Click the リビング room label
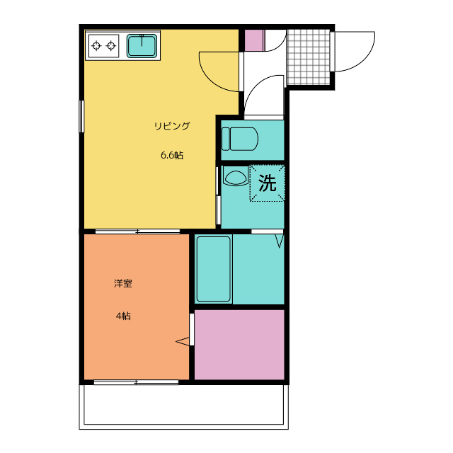pos(172,126)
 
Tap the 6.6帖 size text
pos(172,156)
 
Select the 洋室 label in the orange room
pos(123,283)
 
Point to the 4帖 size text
pos(123,316)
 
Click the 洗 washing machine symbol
pos(268,183)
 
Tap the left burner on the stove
pos(96,45)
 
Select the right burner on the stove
pos(111,45)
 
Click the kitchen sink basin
pos(142,46)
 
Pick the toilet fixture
pos(239,139)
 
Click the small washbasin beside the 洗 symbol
pos(236,177)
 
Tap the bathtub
pos(214,269)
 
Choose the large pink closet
pos(239,345)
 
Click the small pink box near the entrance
pos(255,40)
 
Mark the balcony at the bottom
pos(184,406)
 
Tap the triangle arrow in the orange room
pos(183,341)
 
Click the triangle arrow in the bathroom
pos(280,241)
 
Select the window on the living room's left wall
pos(81,116)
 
